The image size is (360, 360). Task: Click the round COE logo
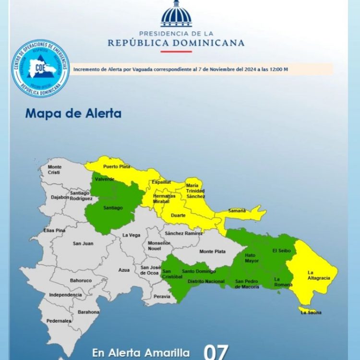tap(40, 69)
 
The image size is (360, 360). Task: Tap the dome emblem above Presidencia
tap(176, 14)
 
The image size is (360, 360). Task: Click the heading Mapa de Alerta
tap(73, 114)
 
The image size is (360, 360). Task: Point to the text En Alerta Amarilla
tap(140, 353)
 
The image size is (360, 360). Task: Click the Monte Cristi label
tap(54, 169)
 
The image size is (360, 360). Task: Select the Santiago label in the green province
tap(113, 208)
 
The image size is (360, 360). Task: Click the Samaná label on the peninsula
tap(237, 210)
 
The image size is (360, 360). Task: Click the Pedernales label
tap(59, 321)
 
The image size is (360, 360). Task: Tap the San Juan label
tap(83, 243)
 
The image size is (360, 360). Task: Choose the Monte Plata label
tap(212, 252)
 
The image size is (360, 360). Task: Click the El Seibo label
tap(281, 250)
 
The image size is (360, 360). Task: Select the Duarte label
tap(179, 216)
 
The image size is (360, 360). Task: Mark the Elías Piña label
tap(54, 230)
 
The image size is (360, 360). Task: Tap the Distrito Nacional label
tap(206, 281)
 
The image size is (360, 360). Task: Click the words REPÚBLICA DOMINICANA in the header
tap(176, 43)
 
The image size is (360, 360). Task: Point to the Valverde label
tap(105, 179)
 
